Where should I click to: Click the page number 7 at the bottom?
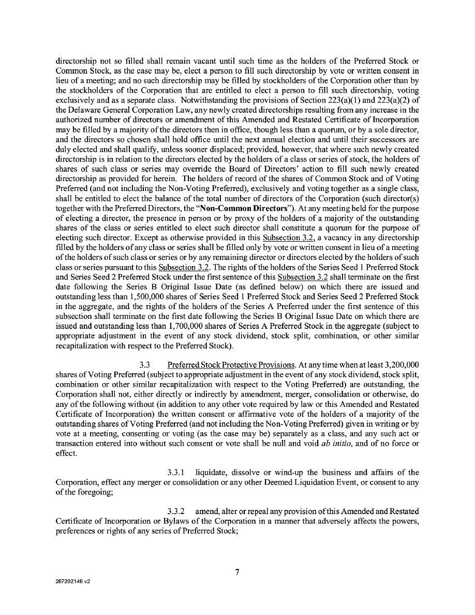click(x=237, y=572)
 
